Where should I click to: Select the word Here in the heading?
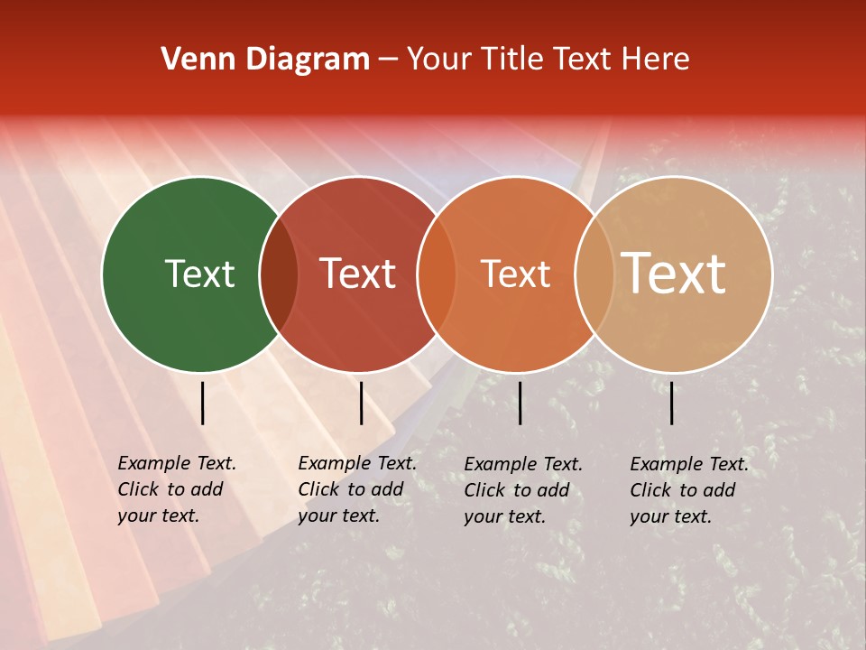point(657,60)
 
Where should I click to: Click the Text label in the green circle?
point(199,274)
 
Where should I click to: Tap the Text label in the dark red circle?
point(357,274)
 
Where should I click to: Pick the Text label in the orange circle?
point(515,274)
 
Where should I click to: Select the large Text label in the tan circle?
point(674,274)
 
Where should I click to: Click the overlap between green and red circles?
point(279,274)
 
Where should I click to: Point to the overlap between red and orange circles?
point(437,274)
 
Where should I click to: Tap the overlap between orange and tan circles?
point(594,274)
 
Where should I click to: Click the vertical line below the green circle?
point(202,403)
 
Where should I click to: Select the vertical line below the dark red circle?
point(361,403)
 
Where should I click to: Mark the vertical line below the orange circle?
point(520,403)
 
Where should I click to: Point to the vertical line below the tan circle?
point(671,403)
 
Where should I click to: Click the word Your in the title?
point(439,60)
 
